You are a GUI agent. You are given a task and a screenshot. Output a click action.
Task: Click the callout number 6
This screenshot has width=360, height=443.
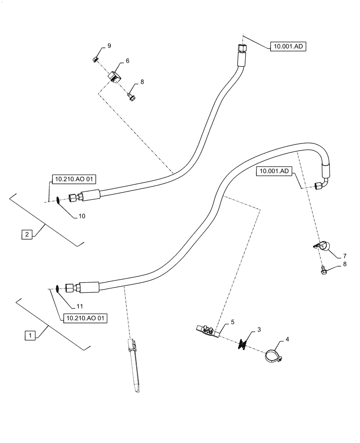127,61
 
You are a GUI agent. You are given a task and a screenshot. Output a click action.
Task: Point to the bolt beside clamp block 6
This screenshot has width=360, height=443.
131,96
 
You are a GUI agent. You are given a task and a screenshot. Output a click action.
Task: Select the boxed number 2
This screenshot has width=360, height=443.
27,234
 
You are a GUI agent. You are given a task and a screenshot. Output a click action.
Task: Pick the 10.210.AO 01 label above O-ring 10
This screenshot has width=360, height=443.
74,179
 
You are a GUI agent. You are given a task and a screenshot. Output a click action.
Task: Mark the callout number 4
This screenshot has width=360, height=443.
287,339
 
